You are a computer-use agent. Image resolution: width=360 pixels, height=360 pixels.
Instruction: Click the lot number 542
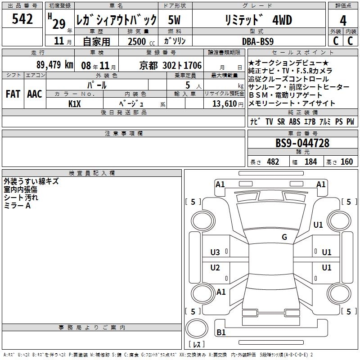pos(22,18)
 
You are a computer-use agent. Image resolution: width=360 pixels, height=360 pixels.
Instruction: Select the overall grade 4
pos(343,21)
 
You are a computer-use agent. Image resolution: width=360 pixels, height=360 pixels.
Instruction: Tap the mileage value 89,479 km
pos(55,65)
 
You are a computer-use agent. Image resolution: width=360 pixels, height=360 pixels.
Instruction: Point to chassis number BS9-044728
pos(302,143)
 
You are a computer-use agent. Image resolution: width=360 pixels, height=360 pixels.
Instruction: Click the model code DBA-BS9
pos(258,41)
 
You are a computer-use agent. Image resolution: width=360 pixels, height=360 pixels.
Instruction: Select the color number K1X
pos(75,104)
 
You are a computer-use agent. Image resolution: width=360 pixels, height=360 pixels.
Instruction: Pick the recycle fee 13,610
pos(225,104)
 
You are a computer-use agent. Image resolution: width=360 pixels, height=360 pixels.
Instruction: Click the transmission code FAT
pos(13,94)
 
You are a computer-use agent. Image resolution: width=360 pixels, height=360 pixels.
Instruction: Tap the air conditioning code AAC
pos(35,94)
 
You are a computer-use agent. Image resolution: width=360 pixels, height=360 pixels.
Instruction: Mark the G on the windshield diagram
pos(284,237)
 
